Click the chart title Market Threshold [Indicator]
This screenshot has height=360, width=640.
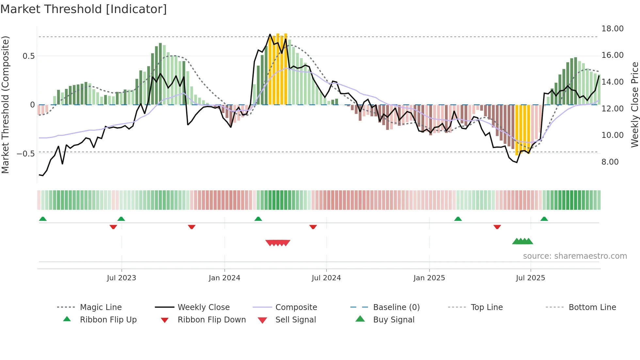(x=84, y=9)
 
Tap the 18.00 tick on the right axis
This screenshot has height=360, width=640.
(x=612, y=29)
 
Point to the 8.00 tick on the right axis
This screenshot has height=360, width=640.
(x=610, y=162)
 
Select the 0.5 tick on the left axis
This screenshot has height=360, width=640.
(x=28, y=56)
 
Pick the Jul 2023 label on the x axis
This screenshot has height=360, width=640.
(x=121, y=278)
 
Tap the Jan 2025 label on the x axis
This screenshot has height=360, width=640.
(x=429, y=278)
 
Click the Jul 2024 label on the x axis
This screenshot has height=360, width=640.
(x=326, y=278)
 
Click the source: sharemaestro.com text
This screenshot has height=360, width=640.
(x=575, y=256)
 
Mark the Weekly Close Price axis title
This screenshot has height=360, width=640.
(x=634, y=105)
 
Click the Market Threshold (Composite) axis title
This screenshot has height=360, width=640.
(x=5, y=105)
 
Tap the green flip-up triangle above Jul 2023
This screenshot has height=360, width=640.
(x=121, y=219)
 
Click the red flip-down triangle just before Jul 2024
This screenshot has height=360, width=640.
(x=313, y=227)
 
